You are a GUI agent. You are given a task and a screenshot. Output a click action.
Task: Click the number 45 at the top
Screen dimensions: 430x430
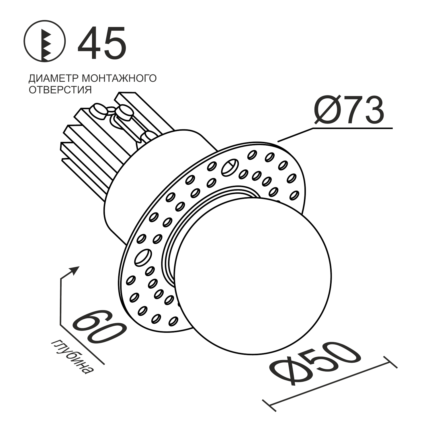pos(102,43)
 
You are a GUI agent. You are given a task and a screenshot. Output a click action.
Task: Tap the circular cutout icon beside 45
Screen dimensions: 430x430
pos(45,43)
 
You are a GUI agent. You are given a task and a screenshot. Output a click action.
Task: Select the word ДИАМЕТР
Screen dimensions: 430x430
pos(54,78)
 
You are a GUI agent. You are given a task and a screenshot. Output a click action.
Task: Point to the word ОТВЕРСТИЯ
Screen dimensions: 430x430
pos(60,90)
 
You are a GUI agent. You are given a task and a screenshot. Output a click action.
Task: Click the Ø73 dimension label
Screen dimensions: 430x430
pos(349,111)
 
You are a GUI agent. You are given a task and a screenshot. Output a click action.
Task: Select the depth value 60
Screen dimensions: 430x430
pos(99,327)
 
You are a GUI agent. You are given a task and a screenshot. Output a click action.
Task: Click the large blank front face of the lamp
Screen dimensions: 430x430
pos(252,275)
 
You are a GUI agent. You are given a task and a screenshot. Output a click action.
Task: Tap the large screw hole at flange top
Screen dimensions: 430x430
pos(230,168)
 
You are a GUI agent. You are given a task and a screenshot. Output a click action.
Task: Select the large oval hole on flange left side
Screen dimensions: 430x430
pos(143,257)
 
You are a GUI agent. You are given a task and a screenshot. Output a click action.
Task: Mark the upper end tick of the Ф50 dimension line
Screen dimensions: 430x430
pos(390,362)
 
